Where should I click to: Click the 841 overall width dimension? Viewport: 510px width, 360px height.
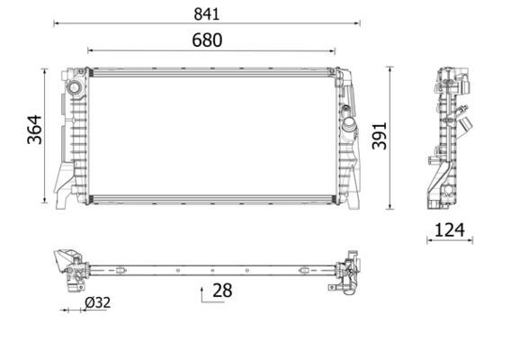(x=206, y=13)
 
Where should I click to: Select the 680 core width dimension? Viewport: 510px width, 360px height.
(x=206, y=40)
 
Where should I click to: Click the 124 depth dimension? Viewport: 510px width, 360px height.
(x=449, y=229)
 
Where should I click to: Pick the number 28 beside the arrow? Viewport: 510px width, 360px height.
(x=222, y=290)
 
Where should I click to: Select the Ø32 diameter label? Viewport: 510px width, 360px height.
(x=97, y=303)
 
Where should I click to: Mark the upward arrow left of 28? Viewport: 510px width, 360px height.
(x=201, y=292)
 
